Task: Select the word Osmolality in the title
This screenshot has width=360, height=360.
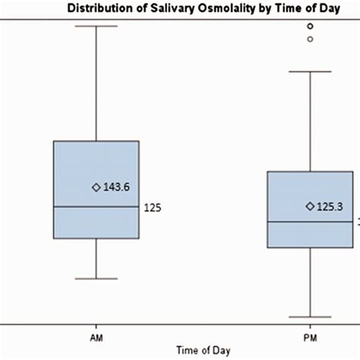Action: [207, 8]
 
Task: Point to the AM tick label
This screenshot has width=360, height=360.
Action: [96, 333]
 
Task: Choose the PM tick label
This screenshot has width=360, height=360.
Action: [310, 333]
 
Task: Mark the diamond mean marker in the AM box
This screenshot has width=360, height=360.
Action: [96, 187]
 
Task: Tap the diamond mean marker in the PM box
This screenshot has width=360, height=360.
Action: [310, 206]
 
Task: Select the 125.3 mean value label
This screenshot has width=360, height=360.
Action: [330, 206]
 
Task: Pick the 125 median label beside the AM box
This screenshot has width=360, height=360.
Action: [153, 207]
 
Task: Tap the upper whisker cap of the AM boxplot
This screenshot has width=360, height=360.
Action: [96, 26]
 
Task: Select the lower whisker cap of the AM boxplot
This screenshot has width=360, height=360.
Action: [96, 279]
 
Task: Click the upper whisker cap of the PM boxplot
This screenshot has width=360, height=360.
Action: [310, 71]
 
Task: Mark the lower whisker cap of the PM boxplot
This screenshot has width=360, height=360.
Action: [310, 317]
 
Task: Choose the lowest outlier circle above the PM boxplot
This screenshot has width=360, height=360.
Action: [310, 39]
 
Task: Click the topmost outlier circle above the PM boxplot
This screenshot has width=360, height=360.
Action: [310, 26]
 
